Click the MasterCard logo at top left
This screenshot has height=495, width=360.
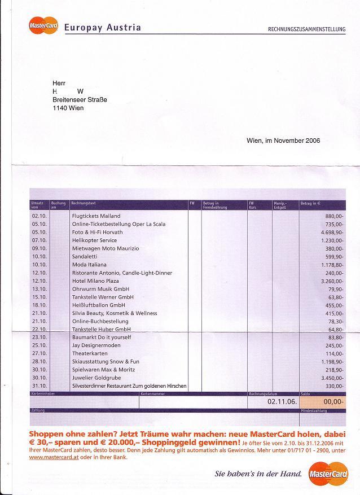tap(43, 27)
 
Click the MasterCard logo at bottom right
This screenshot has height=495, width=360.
tap(329, 474)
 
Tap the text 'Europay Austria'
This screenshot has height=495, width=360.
tap(103, 28)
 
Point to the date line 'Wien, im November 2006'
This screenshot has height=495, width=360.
tap(283, 141)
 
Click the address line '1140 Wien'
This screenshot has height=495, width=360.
tap(68, 108)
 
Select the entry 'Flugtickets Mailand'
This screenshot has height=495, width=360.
tap(96, 216)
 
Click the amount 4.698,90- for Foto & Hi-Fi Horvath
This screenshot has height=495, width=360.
tap(332, 232)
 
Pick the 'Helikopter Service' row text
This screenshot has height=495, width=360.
tap(94, 240)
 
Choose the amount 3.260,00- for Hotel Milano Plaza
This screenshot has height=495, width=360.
tap(332, 281)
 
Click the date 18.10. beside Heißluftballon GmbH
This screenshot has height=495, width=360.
tap(39, 305)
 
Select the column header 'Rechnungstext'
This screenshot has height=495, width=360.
tap(83, 203)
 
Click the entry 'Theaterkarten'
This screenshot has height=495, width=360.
tap(90, 353)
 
